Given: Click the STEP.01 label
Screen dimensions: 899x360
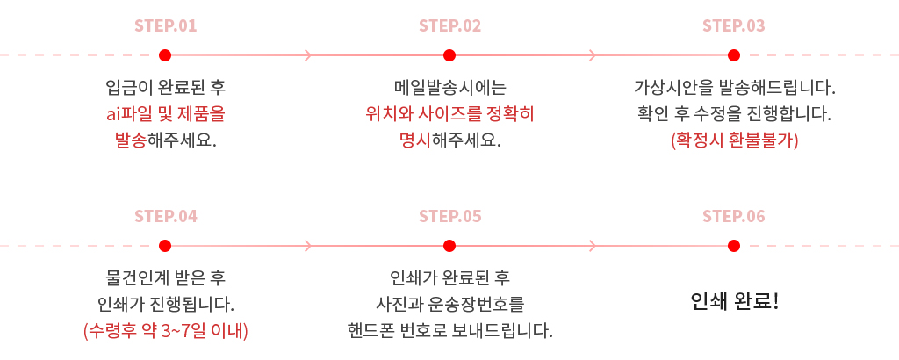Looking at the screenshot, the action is pyautogui.click(x=165, y=25).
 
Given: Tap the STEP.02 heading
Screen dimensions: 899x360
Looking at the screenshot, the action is pyautogui.click(x=449, y=25).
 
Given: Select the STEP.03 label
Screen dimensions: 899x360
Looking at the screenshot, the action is pyautogui.click(x=733, y=25).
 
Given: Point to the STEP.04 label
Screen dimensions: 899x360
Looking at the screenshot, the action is pyautogui.click(x=165, y=216).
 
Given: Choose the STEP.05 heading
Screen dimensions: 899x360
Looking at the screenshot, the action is pyautogui.click(x=449, y=216).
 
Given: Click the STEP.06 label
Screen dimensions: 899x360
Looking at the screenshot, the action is pyautogui.click(x=733, y=216).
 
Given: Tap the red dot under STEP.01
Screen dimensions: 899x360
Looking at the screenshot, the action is pyautogui.click(x=165, y=55).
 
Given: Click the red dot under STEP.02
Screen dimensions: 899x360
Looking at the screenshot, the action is pyautogui.click(x=449, y=55).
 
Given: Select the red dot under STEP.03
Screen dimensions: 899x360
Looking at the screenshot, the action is pyautogui.click(x=733, y=55).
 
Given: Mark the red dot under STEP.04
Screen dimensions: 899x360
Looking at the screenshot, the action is pyautogui.click(x=165, y=246).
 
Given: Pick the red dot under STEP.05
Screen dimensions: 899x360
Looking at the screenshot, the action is pyautogui.click(x=449, y=246).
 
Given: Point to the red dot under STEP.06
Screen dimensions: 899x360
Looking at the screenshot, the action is pyautogui.click(x=733, y=246).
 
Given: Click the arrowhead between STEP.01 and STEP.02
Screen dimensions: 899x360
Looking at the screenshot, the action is pyautogui.click(x=308, y=55).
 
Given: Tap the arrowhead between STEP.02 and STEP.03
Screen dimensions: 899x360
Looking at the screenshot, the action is pyautogui.click(x=593, y=55).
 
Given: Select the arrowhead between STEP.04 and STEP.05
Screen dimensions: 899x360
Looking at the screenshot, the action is pyautogui.click(x=308, y=246).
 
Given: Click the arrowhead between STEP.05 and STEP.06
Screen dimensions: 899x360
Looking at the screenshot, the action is pyautogui.click(x=593, y=246).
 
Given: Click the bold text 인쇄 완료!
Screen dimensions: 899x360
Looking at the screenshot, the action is pyautogui.click(x=735, y=301).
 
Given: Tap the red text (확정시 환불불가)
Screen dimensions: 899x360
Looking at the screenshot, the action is pyautogui.click(x=735, y=140).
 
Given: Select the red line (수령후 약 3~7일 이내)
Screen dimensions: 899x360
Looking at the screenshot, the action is pyautogui.click(x=166, y=331).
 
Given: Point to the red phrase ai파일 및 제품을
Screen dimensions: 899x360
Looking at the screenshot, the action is pyautogui.click(x=166, y=114).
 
